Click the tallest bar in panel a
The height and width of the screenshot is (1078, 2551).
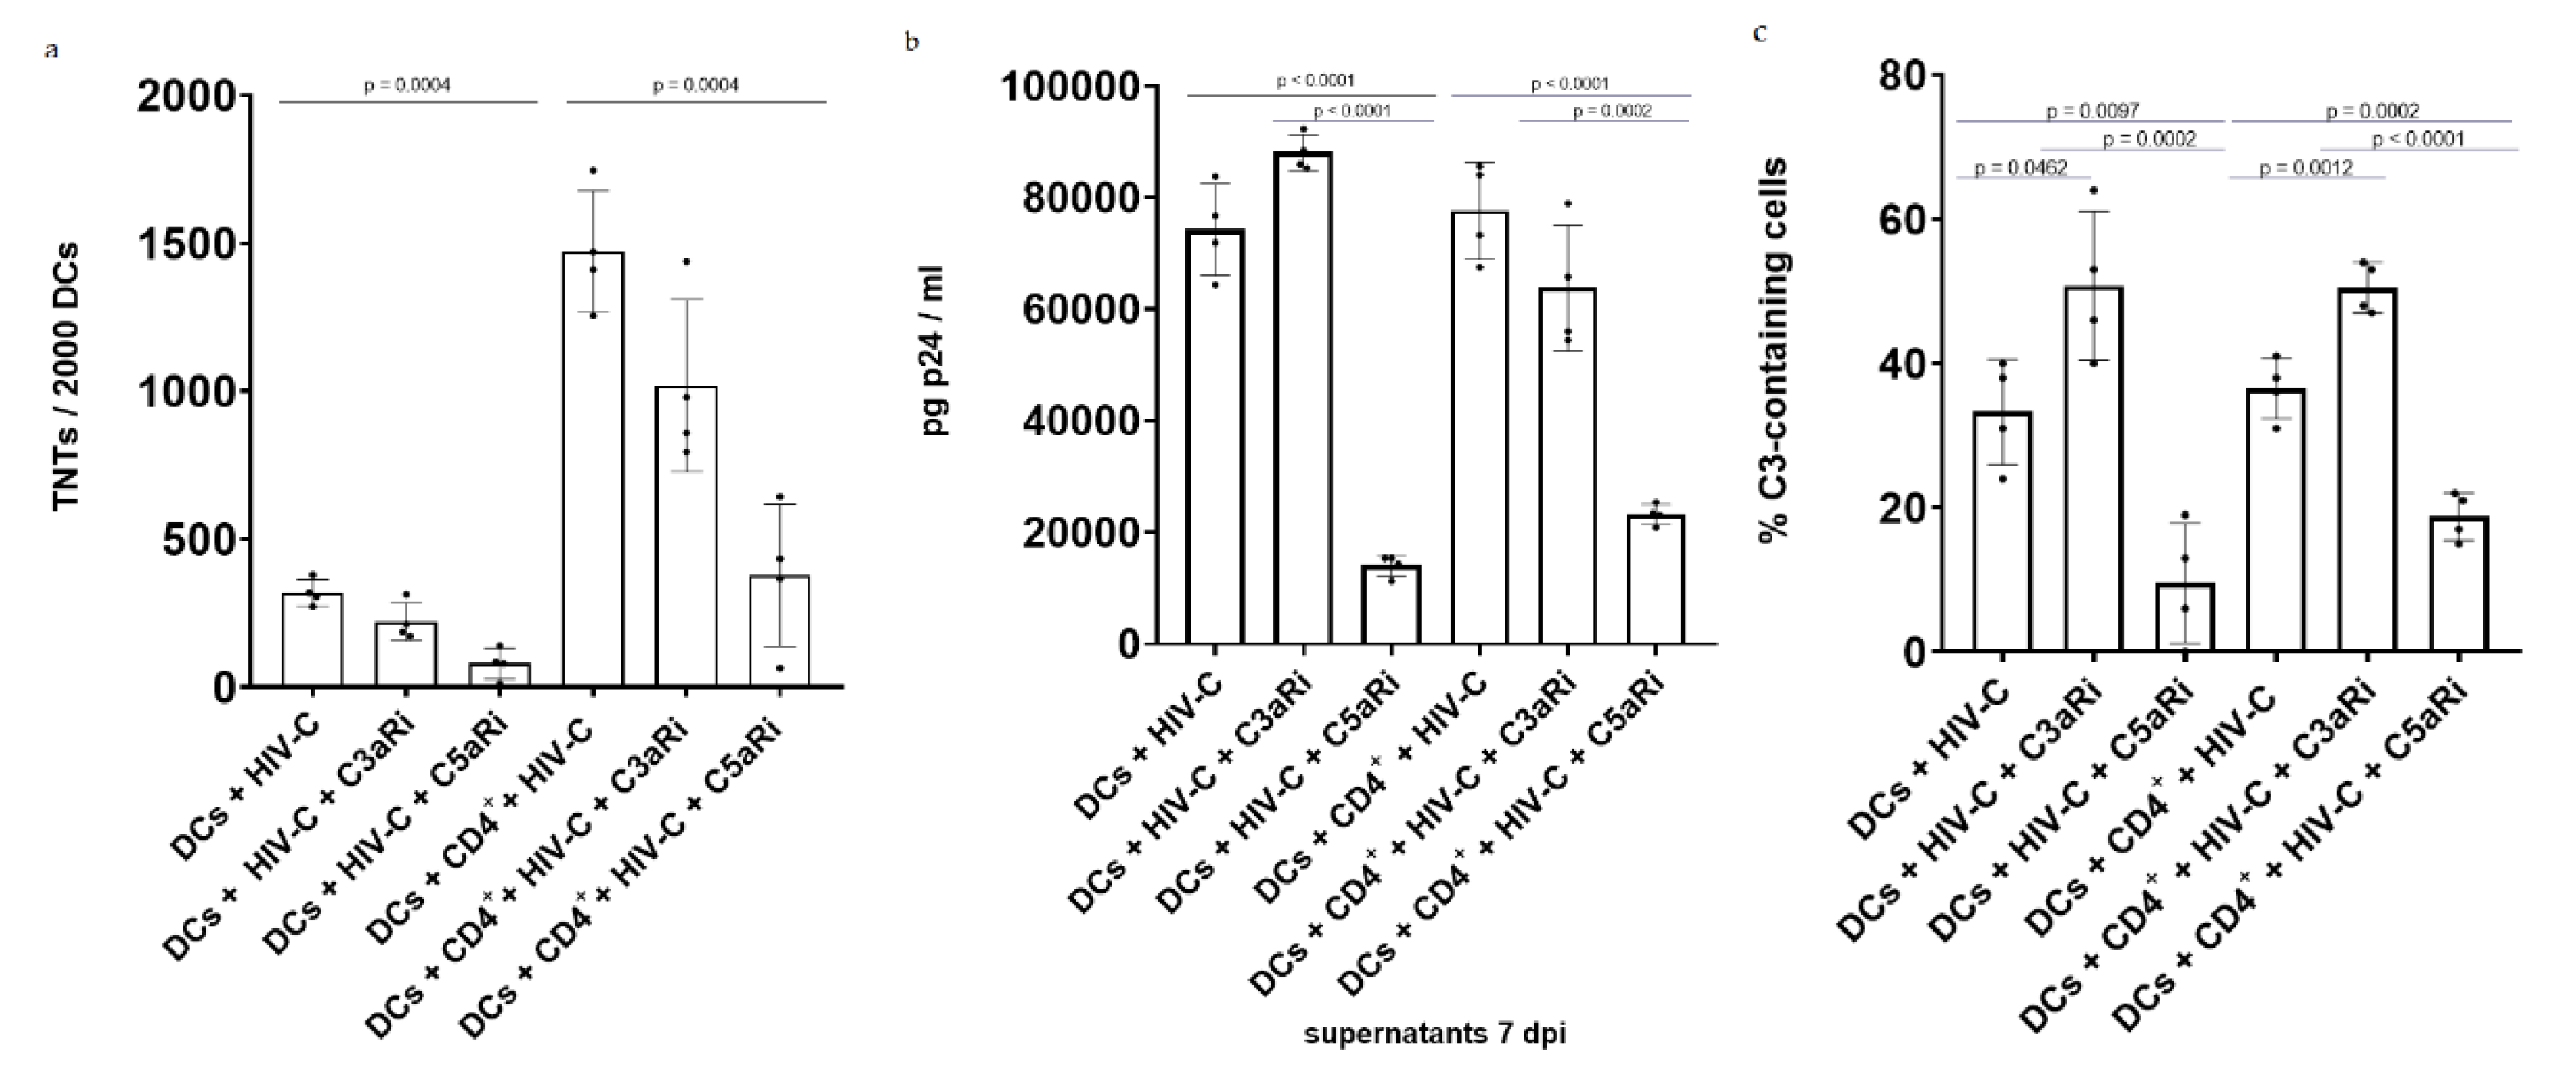tap(592, 469)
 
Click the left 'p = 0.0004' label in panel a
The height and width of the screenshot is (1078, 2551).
tap(407, 86)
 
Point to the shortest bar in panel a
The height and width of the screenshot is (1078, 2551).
tap(499, 675)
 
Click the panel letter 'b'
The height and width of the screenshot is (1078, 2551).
tap(912, 41)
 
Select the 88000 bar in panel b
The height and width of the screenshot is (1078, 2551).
tap(1302, 396)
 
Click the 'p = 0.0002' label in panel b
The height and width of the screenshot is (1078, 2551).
tap(1611, 112)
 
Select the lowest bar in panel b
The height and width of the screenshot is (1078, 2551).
tap(1390, 605)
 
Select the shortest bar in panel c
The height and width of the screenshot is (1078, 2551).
tap(2184, 618)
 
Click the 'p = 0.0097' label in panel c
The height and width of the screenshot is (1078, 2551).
tap(2092, 111)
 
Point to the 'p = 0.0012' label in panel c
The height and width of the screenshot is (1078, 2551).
tap(2305, 168)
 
